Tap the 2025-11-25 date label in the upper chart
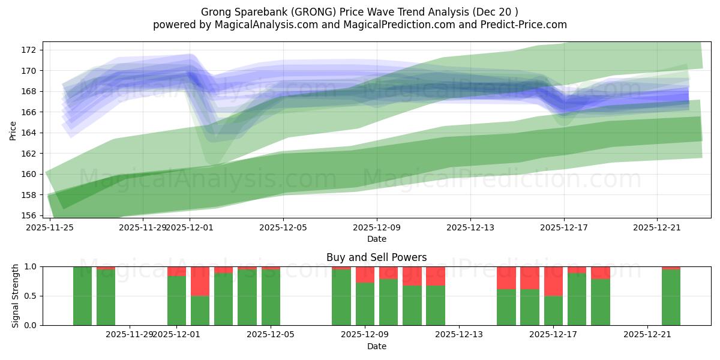(x=49, y=227)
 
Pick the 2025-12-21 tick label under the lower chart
(x=647, y=335)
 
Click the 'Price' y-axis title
(x=13, y=130)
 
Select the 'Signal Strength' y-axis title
(x=16, y=296)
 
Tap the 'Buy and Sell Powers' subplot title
(x=376, y=257)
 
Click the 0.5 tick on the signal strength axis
(x=30, y=296)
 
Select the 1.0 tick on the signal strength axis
(x=30, y=266)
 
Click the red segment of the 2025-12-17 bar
(x=553, y=281)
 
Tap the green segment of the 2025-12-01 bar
(x=176, y=301)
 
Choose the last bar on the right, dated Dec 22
(x=671, y=298)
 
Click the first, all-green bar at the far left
(x=82, y=296)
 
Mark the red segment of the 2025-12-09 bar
(x=365, y=274)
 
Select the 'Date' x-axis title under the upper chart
(x=376, y=239)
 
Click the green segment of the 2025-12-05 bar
(x=271, y=298)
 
